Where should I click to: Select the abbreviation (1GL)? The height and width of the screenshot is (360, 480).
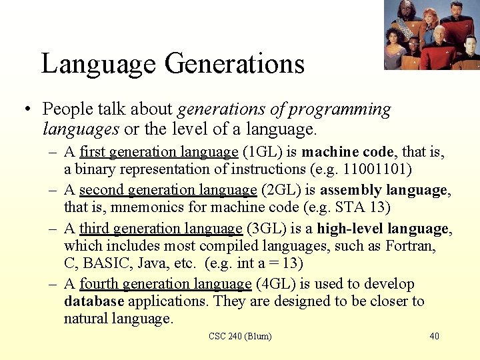pos(263,153)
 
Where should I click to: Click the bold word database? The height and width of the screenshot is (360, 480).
pos(94,301)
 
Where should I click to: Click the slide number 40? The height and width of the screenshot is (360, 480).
pos(434,336)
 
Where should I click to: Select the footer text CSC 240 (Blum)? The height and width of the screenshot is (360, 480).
pos(240,336)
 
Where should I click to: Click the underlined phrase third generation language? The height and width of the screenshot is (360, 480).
pos(161,229)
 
